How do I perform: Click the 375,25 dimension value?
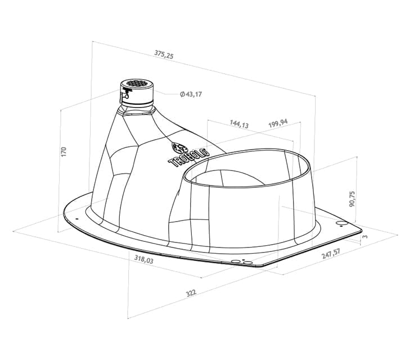pyautogui.click(x=164, y=55)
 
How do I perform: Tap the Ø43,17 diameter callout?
pyautogui.click(x=191, y=94)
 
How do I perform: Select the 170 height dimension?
pyautogui.click(x=64, y=151)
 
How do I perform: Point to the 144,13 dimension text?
pyautogui.click(x=239, y=124)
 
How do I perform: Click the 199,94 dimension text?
pyautogui.click(x=278, y=123)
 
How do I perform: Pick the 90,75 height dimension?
pyautogui.click(x=352, y=199)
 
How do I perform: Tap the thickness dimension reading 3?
pyautogui.click(x=365, y=237)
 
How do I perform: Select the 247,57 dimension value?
pyautogui.click(x=331, y=254)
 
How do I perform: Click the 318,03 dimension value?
pyautogui.click(x=143, y=259)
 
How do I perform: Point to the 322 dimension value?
pyautogui.click(x=191, y=293)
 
